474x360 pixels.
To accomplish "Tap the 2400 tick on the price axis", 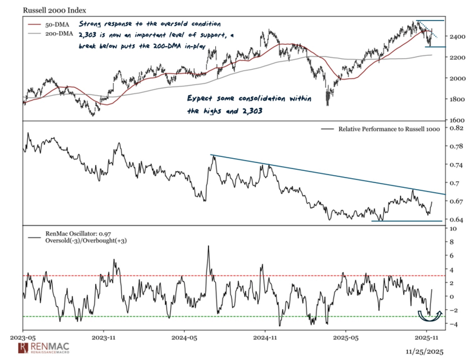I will [458, 38].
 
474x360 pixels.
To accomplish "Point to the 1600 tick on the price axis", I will [458, 120].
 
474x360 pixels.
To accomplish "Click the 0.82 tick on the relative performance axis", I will [456, 128].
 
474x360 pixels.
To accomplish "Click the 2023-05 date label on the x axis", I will [23, 335].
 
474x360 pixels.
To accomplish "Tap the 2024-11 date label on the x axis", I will [265, 335].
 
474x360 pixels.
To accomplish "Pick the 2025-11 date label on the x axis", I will [427, 335].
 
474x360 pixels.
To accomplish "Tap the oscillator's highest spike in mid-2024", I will [209, 247].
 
